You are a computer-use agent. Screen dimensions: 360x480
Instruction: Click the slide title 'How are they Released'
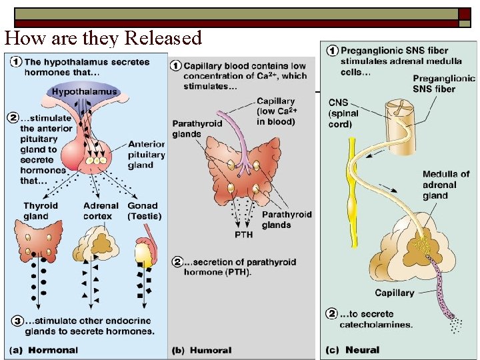click(103, 38)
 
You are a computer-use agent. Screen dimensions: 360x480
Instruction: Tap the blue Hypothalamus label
click(85, 91)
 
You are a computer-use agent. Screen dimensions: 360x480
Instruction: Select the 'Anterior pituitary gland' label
click(146, 155)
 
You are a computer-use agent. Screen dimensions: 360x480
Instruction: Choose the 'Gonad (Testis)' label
click(144, 211)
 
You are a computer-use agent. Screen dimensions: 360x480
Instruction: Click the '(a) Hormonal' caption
click(45, 350)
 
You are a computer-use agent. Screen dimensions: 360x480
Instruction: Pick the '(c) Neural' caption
click(353, 350)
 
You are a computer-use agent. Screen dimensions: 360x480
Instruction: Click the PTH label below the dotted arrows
click(243, 235)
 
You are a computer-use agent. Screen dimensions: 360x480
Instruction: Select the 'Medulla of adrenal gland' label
click(446, 185)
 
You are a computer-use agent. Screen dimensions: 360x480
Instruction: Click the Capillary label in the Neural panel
click(394, 293)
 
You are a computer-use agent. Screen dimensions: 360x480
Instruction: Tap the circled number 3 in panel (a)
click(15, 321)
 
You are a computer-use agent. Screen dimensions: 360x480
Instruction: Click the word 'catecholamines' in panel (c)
click(375, 325)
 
